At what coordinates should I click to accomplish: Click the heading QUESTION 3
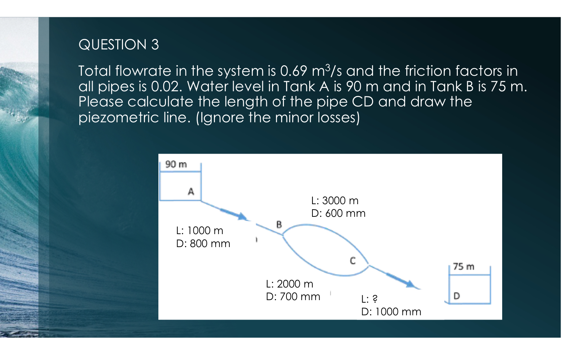118,45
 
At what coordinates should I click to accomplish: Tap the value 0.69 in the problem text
293,71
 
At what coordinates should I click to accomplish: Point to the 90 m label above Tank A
176,164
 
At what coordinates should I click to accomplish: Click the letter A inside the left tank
191,192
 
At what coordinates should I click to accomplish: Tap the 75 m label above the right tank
464,267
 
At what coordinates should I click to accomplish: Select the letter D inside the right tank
456,296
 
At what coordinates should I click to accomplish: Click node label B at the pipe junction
279,224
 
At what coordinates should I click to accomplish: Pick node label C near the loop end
352,260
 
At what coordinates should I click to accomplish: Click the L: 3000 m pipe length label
335,201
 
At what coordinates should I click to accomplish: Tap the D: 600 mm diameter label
338,213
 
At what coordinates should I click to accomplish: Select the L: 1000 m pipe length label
200,231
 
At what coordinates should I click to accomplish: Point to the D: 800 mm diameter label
203,243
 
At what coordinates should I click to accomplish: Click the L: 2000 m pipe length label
289,284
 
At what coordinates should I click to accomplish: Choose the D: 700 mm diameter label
293,297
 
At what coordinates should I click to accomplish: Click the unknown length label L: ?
369,299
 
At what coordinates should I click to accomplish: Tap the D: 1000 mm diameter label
391,312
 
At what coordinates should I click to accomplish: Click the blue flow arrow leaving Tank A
233,214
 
